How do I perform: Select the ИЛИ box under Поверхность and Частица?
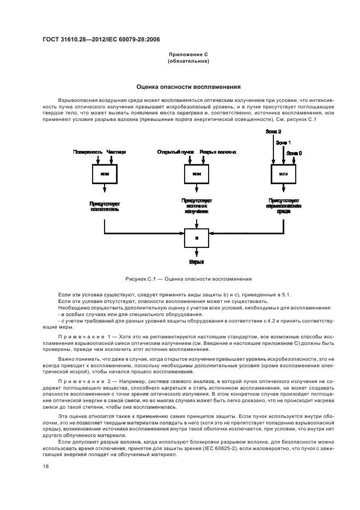105,174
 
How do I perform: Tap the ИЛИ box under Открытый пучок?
196,174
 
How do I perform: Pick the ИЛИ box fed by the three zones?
283,174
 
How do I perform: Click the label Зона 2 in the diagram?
273,132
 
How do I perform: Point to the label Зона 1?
283,143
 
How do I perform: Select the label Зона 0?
294,154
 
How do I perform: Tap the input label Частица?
116,152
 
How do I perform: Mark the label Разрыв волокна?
217,152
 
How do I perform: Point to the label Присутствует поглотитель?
105,205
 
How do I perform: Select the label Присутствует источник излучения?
196,205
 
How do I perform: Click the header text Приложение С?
180,56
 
